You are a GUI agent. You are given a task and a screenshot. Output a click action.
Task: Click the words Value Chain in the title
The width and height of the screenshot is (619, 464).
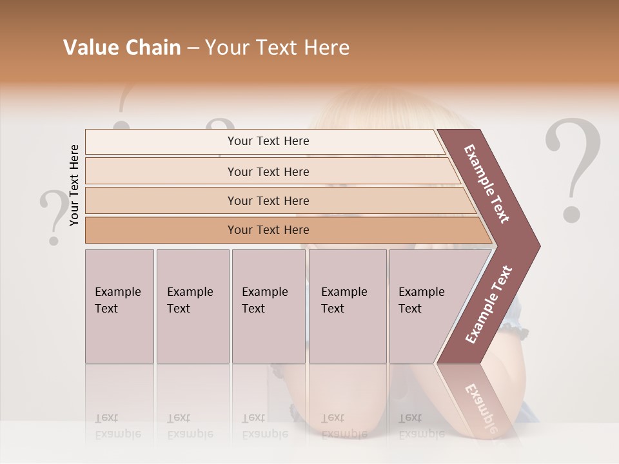pyautogui.click(x=122, y=48)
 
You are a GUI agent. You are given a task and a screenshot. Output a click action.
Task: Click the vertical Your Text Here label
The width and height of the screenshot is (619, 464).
pyautogui.click(x=74, y=185)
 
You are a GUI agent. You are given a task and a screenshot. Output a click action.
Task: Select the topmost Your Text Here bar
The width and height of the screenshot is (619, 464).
pyautogui.click(x=268, y=141)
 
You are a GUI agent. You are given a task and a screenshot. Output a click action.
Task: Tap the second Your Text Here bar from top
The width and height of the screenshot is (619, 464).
pyautogui.click(x=268, y=171)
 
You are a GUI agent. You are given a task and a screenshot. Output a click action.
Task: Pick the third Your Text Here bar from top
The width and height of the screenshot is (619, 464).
pyautogui.click(x=268, y=200)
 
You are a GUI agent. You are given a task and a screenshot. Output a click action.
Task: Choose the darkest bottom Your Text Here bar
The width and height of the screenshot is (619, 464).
pyautogui.click(x=268, y=230)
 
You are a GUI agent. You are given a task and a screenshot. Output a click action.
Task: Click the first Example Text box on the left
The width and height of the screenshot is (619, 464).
pyautogui.click(x=119, y=306)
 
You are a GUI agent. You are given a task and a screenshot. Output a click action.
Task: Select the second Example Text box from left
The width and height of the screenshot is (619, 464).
pyautogui.click(x=192, y=306)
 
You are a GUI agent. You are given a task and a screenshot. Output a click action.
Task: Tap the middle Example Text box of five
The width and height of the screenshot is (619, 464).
pyautogui.click(x=268, y=306)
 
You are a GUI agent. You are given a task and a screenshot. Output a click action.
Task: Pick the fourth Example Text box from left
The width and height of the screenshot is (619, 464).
pyautogui.click(x=347, y=306)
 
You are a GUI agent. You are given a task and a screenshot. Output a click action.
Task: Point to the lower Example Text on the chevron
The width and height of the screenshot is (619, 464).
pyautogui.click(x=489, y=304)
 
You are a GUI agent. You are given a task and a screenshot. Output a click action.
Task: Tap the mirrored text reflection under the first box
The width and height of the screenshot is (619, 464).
pyautogui.click(x=118, y=426)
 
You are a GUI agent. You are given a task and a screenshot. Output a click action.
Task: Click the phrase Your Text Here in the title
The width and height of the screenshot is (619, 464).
pyautogui.click(x=277, y=48)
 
